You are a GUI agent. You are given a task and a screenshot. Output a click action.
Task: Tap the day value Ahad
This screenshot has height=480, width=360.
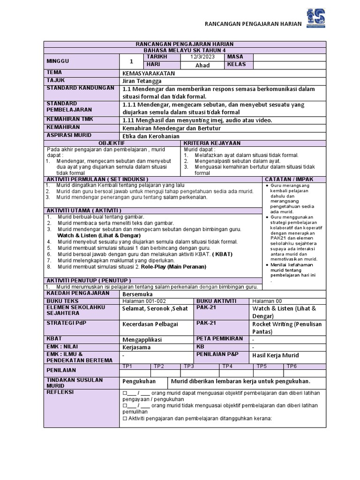[x=202, y=65]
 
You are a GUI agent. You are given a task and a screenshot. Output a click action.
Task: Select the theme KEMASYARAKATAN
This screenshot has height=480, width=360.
[x=148, y=73]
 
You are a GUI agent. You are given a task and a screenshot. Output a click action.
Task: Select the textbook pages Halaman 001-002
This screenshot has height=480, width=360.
[x=144, y=301]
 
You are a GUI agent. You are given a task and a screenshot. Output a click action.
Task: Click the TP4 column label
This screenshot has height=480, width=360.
[x=227, y=366]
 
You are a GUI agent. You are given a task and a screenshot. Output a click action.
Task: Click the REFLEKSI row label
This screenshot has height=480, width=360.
[x=60, y=392]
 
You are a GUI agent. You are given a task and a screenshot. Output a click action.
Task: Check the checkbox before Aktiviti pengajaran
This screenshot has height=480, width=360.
[x=125, y=419]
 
